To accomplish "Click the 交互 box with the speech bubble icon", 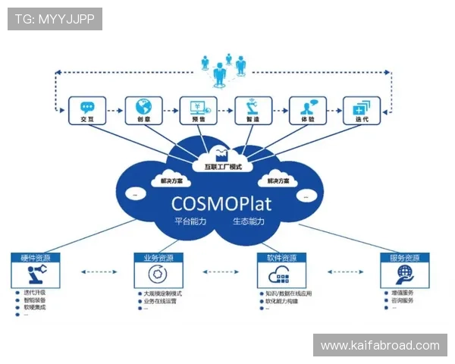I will pos(86,111).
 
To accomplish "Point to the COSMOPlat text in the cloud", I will pos(224,202).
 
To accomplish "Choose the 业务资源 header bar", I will pos(158,258).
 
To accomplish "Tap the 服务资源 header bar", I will pos(404,258).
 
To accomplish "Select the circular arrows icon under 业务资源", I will pos(158,275).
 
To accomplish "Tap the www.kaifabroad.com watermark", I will pos(380,346).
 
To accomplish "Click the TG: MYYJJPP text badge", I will pos(55,19).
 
